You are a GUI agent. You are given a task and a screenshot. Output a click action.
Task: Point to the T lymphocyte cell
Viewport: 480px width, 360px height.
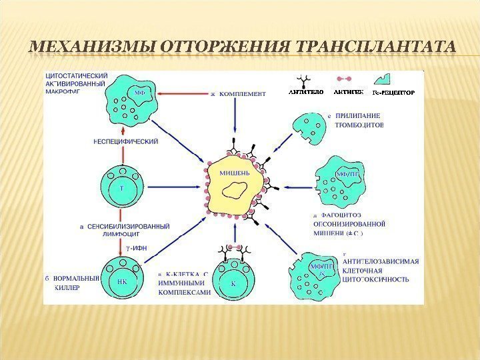click(x=121, y=189)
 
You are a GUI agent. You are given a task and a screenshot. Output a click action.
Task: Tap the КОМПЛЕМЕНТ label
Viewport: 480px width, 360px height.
click(x=243, y=94)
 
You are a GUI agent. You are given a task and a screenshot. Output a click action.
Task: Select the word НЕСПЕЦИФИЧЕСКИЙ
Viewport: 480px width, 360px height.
click(x=126, y=141)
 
